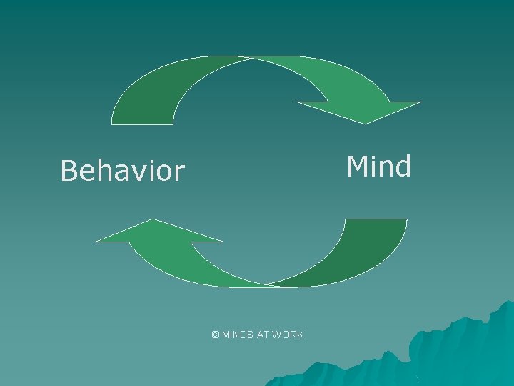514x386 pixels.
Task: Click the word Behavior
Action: tap(122, 172)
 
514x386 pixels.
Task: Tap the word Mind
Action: tap(378, 167)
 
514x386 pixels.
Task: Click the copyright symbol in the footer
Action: tap(216, 335)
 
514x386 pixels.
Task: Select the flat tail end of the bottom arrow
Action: tap(376, 220)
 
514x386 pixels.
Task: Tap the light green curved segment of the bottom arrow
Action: tap(207, 268)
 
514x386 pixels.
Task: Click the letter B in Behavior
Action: tap(69, 172)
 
